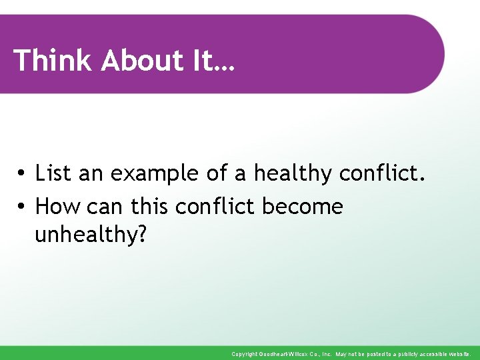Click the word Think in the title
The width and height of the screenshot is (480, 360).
tap(53, 60)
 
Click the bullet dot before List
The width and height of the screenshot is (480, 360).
tap(22, 174)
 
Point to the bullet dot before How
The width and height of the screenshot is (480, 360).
tap(22, 207)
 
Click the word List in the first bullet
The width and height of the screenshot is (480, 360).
tap(53, 173)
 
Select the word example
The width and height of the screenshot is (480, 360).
tap(155, 175)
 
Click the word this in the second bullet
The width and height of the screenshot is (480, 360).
tap(151, 207)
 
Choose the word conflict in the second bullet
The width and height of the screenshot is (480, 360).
tap(215, 207)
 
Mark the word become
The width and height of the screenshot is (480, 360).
tap(303, 207)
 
